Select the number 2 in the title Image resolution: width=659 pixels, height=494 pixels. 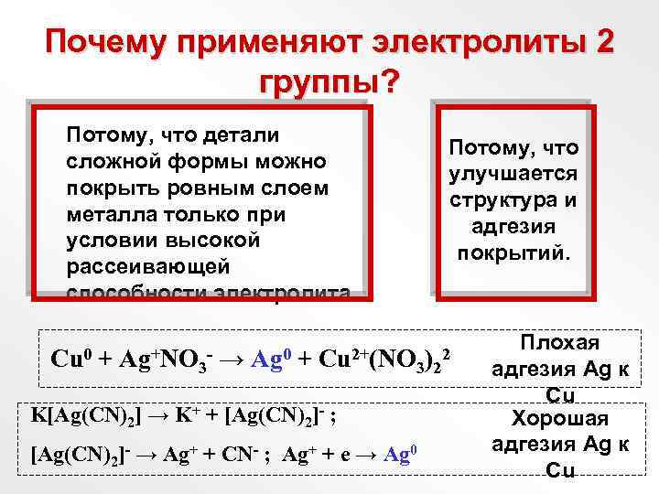(x=604, y=42)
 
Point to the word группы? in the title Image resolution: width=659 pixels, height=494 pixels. (x=329, y=81)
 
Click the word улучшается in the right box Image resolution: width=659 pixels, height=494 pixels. (x=513, y=173)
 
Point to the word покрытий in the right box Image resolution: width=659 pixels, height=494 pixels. (x=513, y=250)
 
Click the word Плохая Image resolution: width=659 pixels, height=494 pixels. (x=559, y=343)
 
